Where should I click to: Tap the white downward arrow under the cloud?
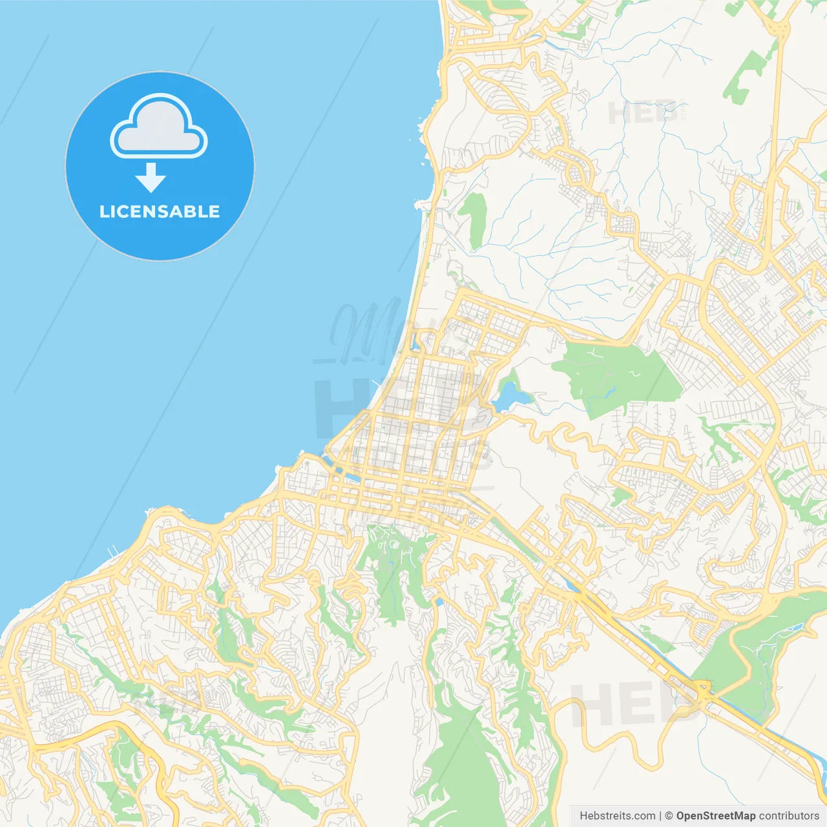click(x=151, y=178)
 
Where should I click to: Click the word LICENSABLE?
click(x=160, y=212)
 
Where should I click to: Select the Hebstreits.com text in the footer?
click(x=617, y=816)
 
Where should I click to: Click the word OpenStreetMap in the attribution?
click(x=716, y=816)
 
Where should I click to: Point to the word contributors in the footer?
click(x=789, y=816)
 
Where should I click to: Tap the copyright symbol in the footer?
click(x=669, y=816)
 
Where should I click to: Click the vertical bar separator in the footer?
click(x=660, y=816)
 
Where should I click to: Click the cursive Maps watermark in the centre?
click(x=375, y=330)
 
